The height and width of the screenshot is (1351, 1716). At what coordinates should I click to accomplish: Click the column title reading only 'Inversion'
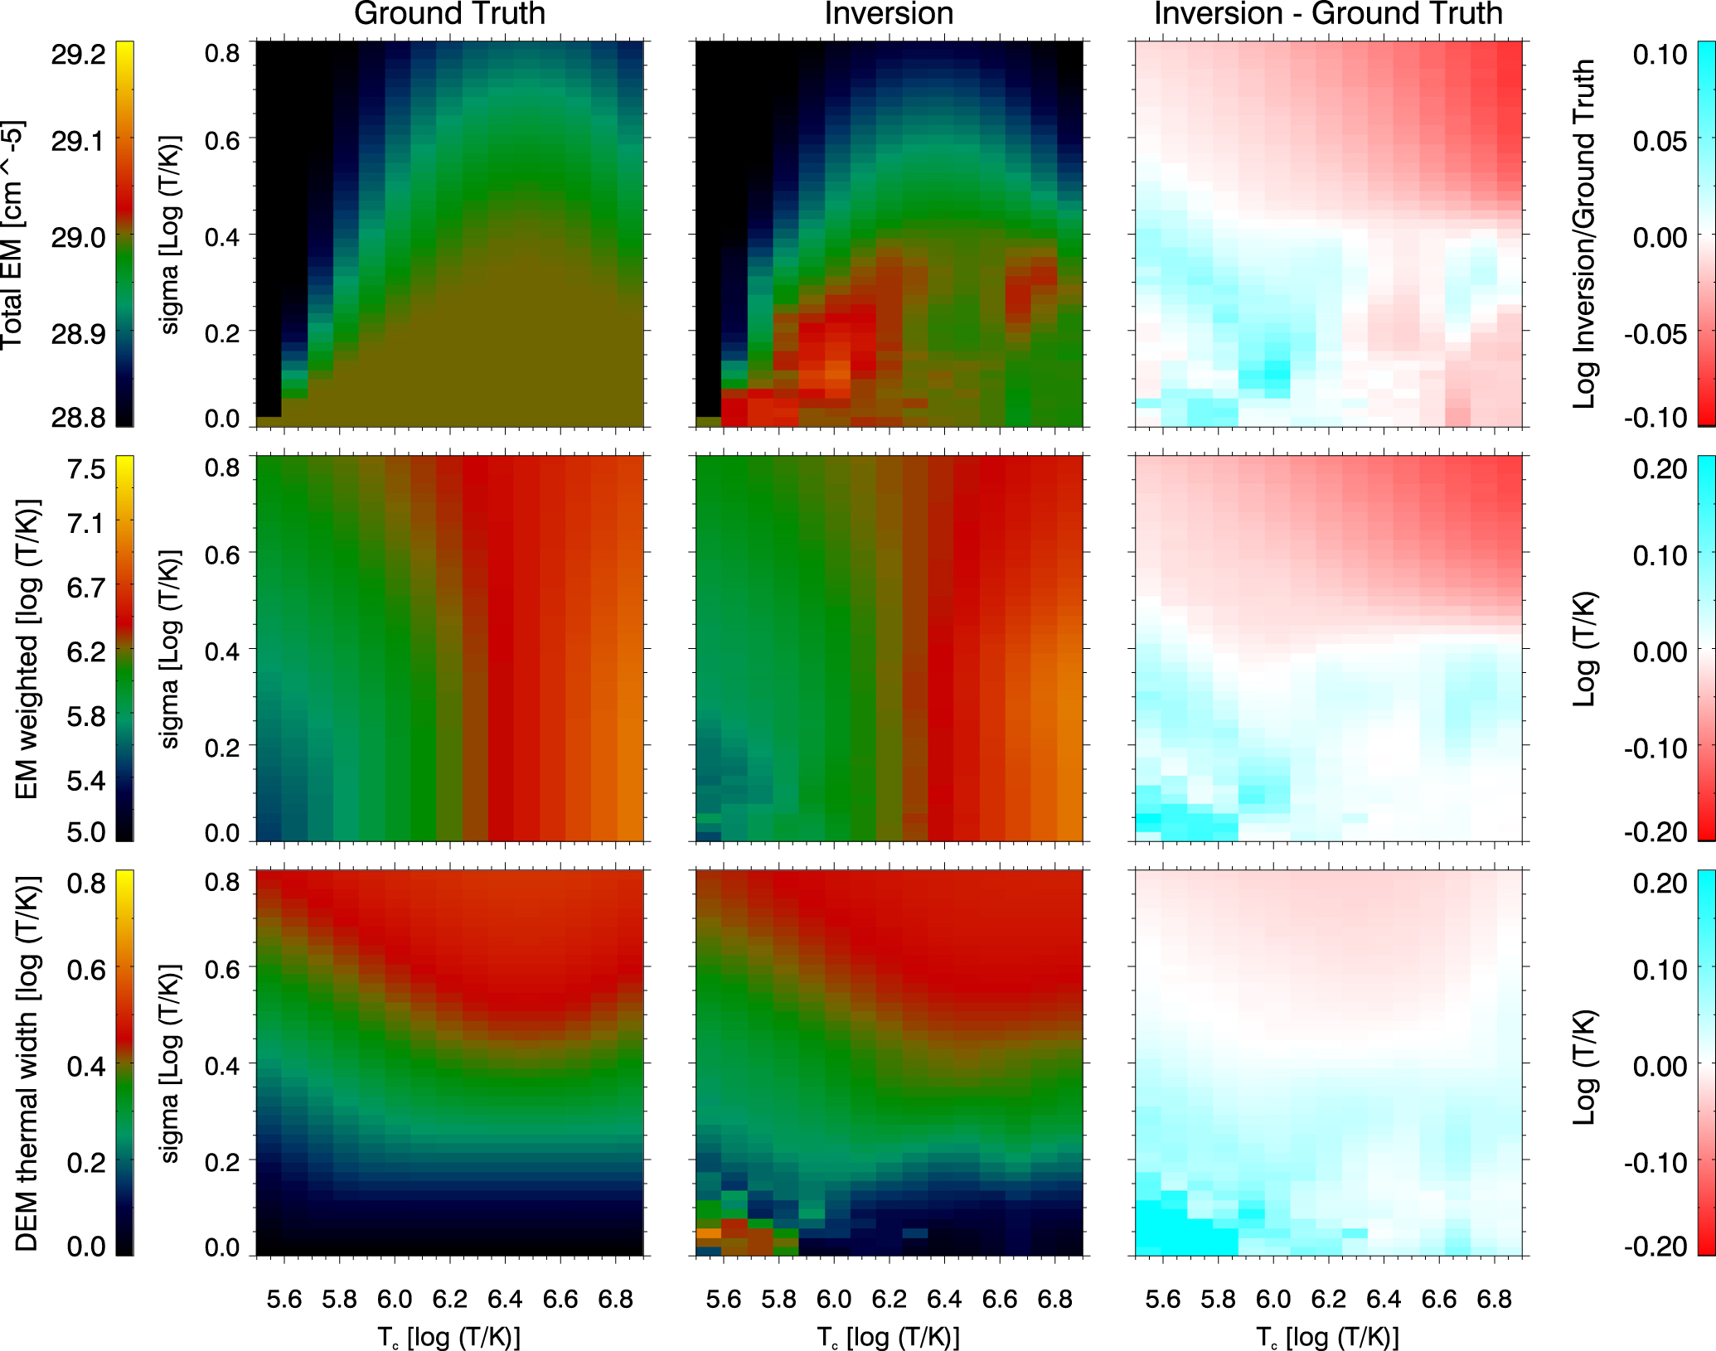click(888, 14)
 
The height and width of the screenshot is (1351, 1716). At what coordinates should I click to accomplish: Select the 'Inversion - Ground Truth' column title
click(1328, 14)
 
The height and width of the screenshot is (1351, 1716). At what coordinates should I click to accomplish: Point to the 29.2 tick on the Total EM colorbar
click(79, 55)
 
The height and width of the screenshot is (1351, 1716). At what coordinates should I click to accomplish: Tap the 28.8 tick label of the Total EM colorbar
click(79, 417)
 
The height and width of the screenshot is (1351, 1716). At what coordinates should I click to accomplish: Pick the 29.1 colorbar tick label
click(79, 142)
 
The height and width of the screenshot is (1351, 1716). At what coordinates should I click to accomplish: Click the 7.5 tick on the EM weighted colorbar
click(86, 469)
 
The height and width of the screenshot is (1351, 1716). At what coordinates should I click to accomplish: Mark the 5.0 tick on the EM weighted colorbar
click(86, 831)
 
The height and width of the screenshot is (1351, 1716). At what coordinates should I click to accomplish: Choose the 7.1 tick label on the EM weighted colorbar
click(86, 524)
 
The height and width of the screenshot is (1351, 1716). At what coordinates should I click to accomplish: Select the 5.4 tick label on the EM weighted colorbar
click(86, 780)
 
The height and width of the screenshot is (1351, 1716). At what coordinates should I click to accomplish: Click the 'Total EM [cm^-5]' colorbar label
click(13, 235)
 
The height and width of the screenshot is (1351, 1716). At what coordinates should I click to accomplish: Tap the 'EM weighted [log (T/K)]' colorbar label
click(27, 649)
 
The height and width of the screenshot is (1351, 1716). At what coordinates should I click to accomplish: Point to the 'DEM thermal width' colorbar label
click(27, 1063)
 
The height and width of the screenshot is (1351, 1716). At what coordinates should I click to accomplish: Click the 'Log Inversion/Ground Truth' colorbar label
click(1584, 234)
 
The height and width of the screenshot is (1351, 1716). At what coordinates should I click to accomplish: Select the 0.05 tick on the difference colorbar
click(1660, 141)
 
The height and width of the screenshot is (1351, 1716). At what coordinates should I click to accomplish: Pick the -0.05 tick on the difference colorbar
click(1655, 334)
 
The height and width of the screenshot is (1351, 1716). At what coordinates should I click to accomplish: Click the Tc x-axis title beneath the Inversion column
click(888, 1336)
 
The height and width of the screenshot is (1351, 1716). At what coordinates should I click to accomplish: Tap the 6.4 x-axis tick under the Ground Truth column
click(505, 1299)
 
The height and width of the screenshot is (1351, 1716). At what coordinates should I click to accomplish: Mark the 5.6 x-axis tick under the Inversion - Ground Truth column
click(1162, 1299)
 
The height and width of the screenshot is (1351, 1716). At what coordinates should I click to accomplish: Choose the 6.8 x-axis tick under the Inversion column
click(1054, 1299)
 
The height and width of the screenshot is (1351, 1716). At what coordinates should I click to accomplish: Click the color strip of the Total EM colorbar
click(124, 234)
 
